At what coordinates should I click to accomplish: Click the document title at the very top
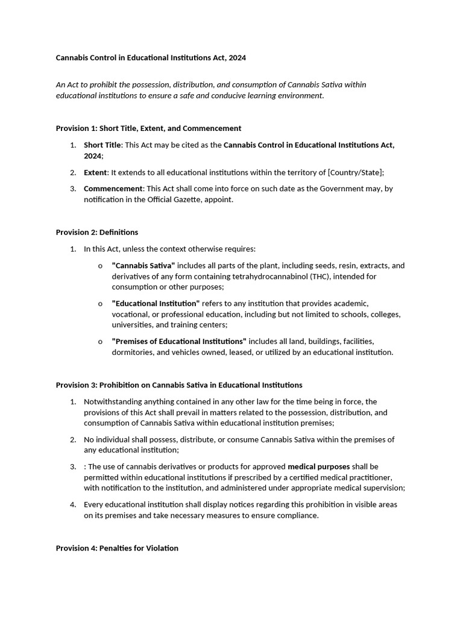tap(151, 58)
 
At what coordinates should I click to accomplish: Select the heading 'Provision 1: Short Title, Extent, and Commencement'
tap(148, 128)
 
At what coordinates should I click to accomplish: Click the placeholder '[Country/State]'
tap(355, 172)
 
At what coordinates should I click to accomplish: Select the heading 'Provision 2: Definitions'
tap(97, 232)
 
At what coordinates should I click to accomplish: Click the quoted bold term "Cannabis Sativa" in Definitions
tap(143, 266)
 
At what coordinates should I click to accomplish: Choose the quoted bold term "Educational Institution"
tap(156, 304)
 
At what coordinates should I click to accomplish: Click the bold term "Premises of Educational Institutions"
tap(179, 341)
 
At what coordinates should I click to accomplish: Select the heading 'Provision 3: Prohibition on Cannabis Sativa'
tap(179, 384)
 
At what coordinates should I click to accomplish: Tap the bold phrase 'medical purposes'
tap(318, 467)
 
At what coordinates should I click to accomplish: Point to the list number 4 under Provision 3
tap(73, 505)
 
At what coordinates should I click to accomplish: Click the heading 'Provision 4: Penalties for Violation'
tap(117, 548)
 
